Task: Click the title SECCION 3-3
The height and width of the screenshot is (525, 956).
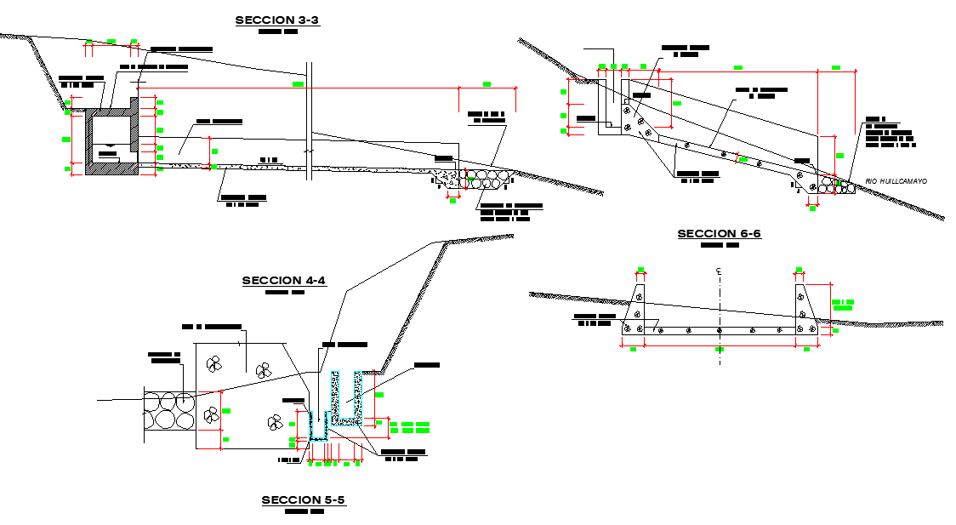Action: click(277, 20)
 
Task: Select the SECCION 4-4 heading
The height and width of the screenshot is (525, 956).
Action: click(284, 281)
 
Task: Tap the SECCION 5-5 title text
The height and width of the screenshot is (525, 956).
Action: click(303, 500)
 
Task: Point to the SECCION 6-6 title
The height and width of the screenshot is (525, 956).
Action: click(719, 234)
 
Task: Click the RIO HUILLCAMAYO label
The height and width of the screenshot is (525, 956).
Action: click(896, 181)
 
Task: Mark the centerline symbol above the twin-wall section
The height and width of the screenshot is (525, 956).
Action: click(719, 272)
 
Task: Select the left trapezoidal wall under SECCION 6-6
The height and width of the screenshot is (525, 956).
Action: click(636, 311)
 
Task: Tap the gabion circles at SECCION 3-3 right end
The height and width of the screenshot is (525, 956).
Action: click(487, 179)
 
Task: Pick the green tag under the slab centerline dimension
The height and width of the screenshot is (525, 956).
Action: click(720, 349)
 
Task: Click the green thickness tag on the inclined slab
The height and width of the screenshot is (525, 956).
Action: click(743, 159)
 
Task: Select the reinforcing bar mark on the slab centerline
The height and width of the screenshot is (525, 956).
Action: click(720, 329)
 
